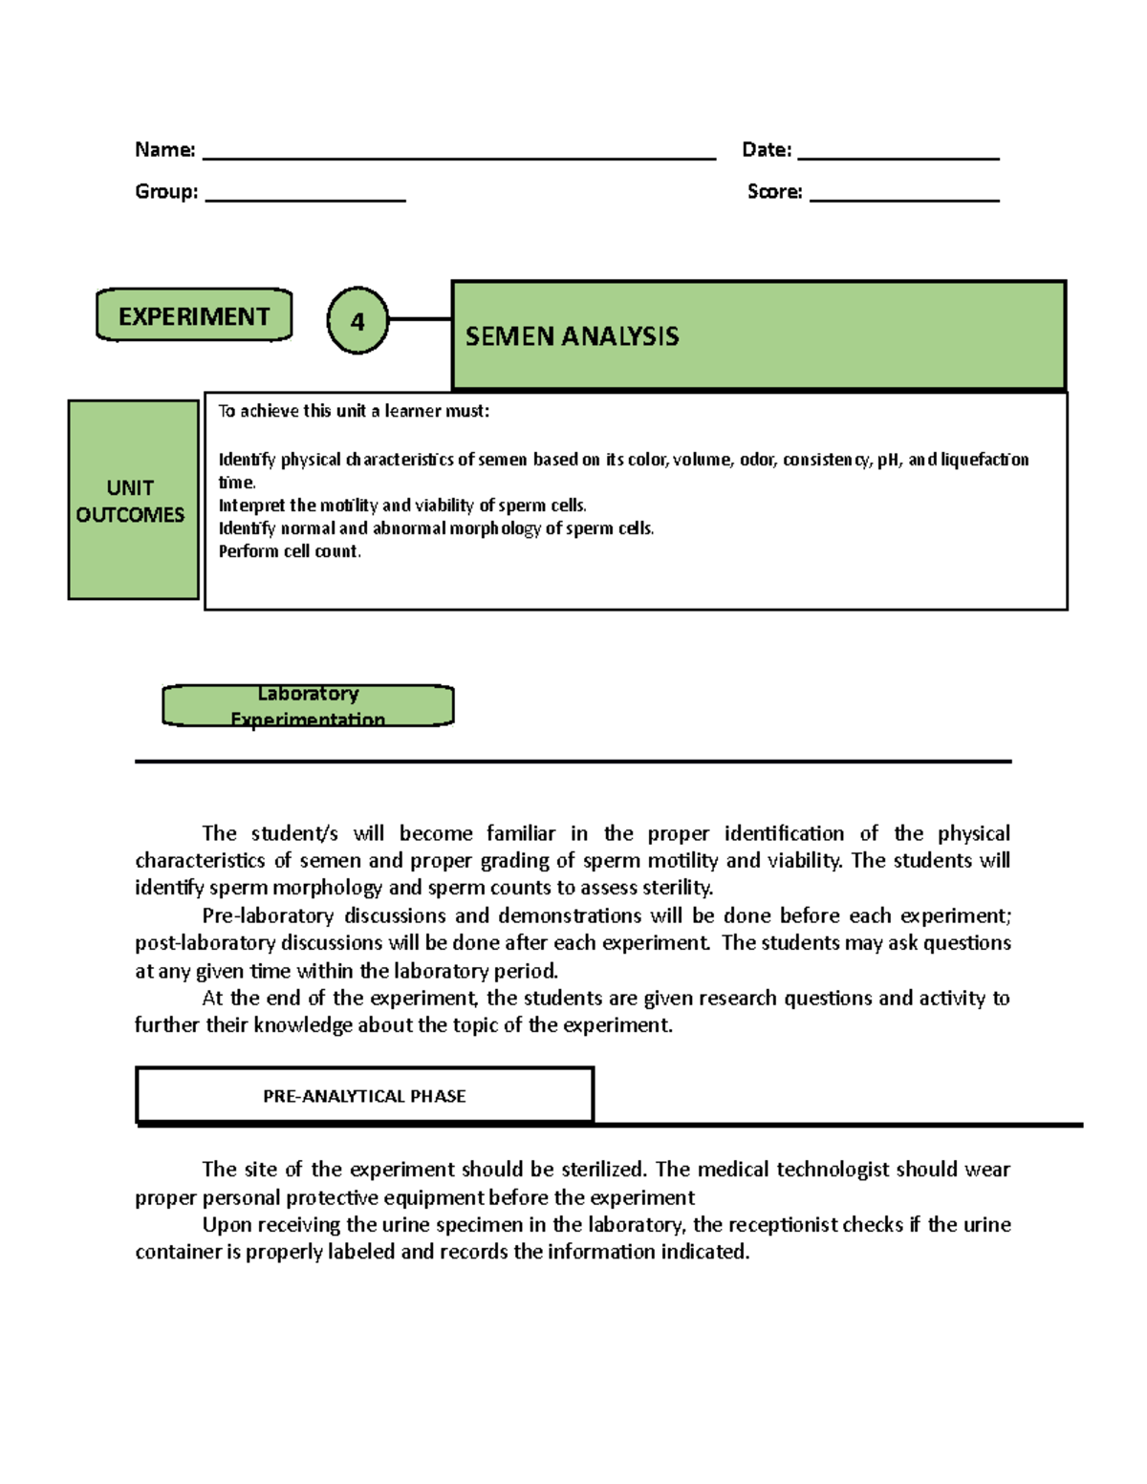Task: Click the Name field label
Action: [164, 150]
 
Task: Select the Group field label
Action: [166, 192]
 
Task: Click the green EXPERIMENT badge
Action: [194, 316]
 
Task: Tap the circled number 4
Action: [357, 321]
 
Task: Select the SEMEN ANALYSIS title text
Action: [572, 336]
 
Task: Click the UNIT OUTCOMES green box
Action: [132, 501]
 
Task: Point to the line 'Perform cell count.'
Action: [290, 551]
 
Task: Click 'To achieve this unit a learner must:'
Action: [354, 412]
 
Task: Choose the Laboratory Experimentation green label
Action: [308, 706]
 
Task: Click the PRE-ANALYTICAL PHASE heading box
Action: [364, 1096]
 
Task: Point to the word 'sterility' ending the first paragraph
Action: [677, 888]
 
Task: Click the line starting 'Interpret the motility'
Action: [402, 505]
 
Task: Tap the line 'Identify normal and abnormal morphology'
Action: [436, 528]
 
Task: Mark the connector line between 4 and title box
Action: [420, 319]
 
